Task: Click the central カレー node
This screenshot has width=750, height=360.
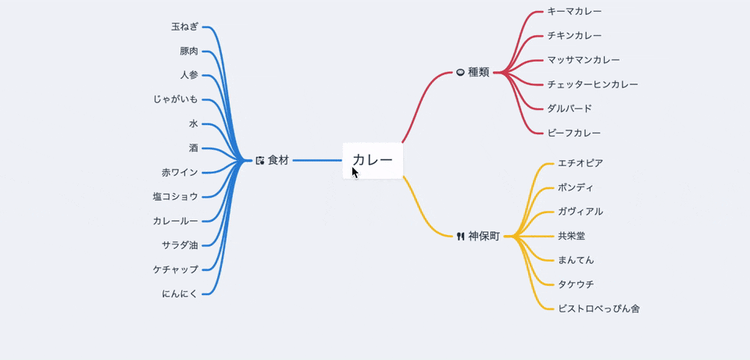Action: point(373,160)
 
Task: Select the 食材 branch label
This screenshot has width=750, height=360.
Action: point(278,160)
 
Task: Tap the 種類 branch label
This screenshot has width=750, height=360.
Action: point(479,72)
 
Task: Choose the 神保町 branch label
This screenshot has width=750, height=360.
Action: point(484,236)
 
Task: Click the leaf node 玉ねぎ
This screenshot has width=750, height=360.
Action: point(184,27)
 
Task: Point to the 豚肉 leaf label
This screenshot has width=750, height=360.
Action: point(188,51)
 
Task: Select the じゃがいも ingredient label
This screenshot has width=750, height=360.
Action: point(176,99)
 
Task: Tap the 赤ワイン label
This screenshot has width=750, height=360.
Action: point(180,172)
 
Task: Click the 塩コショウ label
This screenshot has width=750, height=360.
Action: point(176,196)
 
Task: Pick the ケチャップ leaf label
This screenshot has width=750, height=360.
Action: point(176,269)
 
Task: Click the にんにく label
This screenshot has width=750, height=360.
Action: point(180,293)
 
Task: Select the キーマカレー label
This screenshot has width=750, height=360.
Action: point(574,11)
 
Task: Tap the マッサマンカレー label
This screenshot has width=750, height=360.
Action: point(584,59)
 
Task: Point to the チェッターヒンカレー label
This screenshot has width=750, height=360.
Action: point(592,84)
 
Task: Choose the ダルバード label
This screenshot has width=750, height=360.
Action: point(570,108)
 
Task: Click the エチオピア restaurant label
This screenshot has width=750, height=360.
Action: point(580,162)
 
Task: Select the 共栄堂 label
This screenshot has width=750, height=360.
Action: point(571,235)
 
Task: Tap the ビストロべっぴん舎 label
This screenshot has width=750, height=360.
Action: point(598,308)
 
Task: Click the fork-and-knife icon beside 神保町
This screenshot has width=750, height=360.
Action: point(461,236)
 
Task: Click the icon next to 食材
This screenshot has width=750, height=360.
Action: point(260,160)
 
